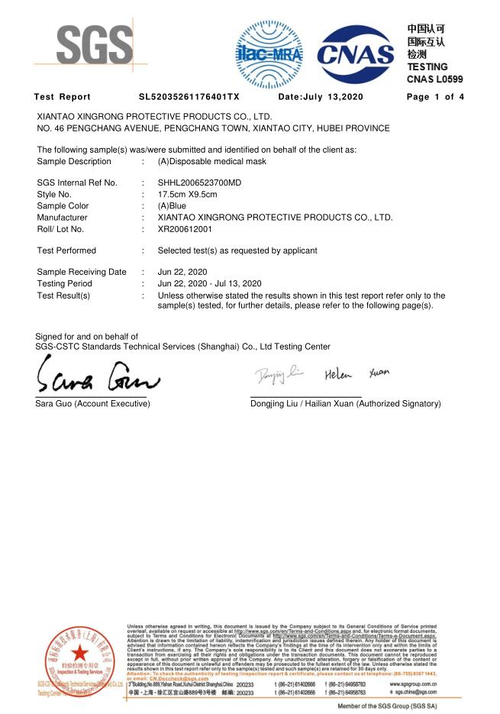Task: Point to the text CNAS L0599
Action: point(434,79)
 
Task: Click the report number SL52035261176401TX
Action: point(189,97)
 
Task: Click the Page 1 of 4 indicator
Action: point(435,97)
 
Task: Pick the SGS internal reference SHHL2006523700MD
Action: point(199,183)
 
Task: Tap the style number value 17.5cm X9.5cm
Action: point(187,194)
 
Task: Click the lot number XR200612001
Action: point(185,228)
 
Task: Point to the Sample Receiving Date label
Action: point(82,272)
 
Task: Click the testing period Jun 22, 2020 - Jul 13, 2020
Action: point(209,283)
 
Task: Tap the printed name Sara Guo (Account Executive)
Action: point(92,403)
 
